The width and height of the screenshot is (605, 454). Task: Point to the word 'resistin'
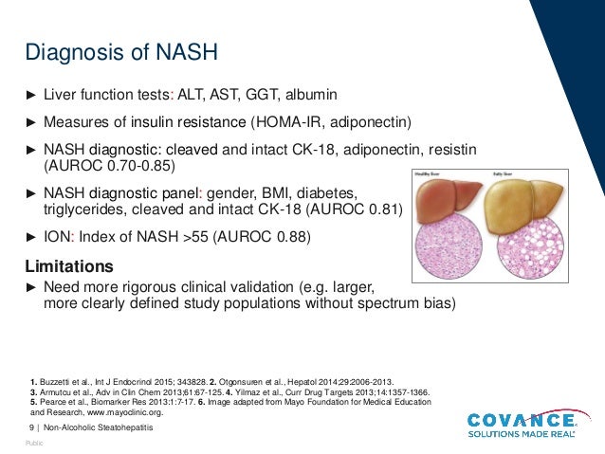[460, 151]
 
